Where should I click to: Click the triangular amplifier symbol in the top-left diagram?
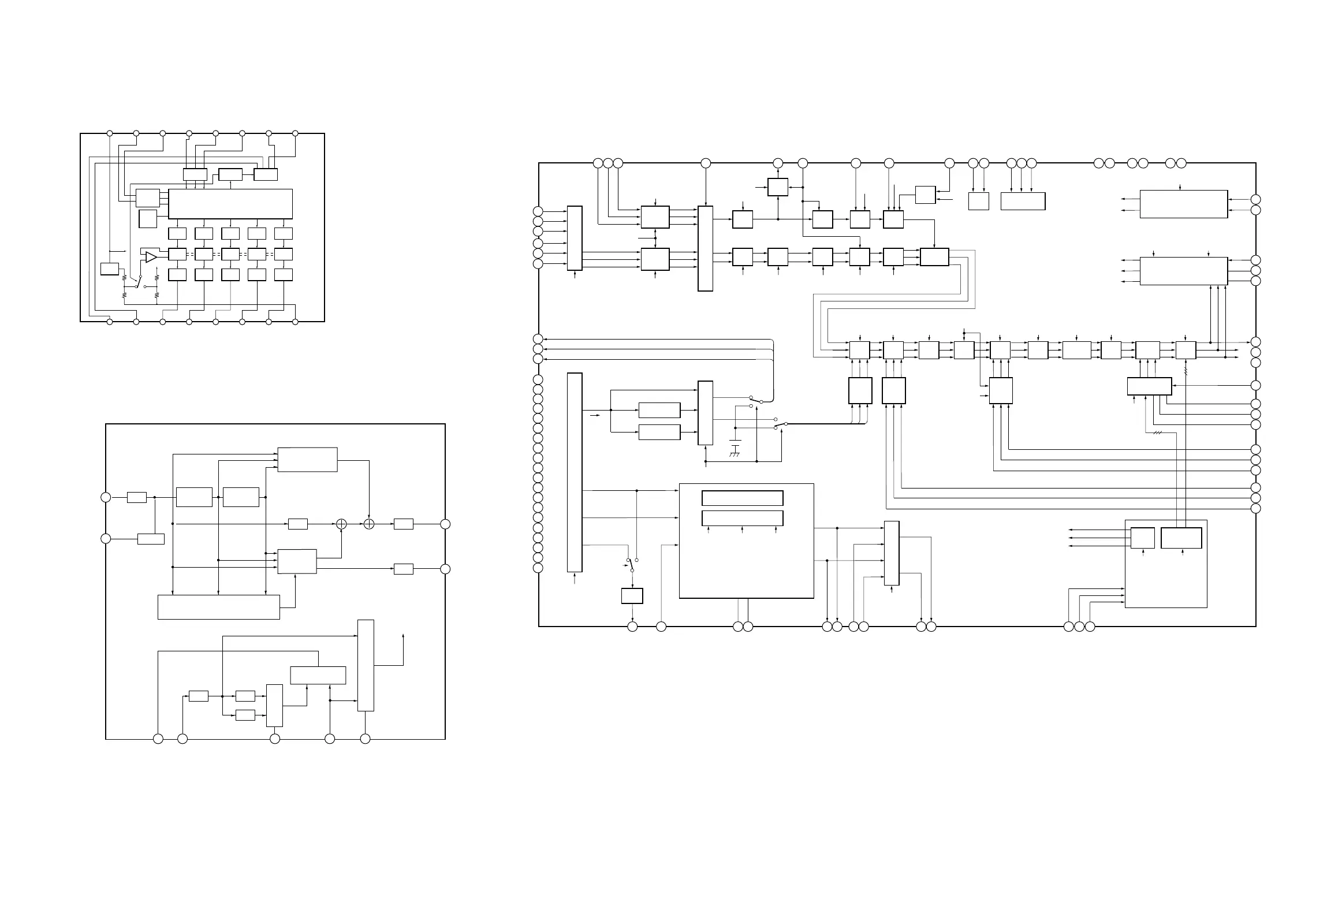151,257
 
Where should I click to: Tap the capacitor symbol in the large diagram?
735,443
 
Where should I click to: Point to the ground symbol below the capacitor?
735,455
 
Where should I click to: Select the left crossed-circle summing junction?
341,524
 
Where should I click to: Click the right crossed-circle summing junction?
369,524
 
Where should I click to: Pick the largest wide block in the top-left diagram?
230,203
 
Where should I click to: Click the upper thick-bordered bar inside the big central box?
742,498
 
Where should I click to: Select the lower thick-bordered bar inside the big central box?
742,518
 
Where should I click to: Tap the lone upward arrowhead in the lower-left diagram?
403,635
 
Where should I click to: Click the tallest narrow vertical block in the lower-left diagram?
366,665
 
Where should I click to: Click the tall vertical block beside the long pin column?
575,472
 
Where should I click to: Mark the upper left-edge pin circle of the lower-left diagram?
106,497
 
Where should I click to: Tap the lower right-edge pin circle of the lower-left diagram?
445,569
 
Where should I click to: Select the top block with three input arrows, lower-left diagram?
307,459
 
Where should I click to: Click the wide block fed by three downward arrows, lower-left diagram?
218,607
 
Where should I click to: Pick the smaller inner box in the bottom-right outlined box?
1142,538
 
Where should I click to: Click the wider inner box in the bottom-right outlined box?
1181,538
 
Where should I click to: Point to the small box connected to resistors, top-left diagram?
109,269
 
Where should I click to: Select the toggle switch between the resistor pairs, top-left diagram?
137,283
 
